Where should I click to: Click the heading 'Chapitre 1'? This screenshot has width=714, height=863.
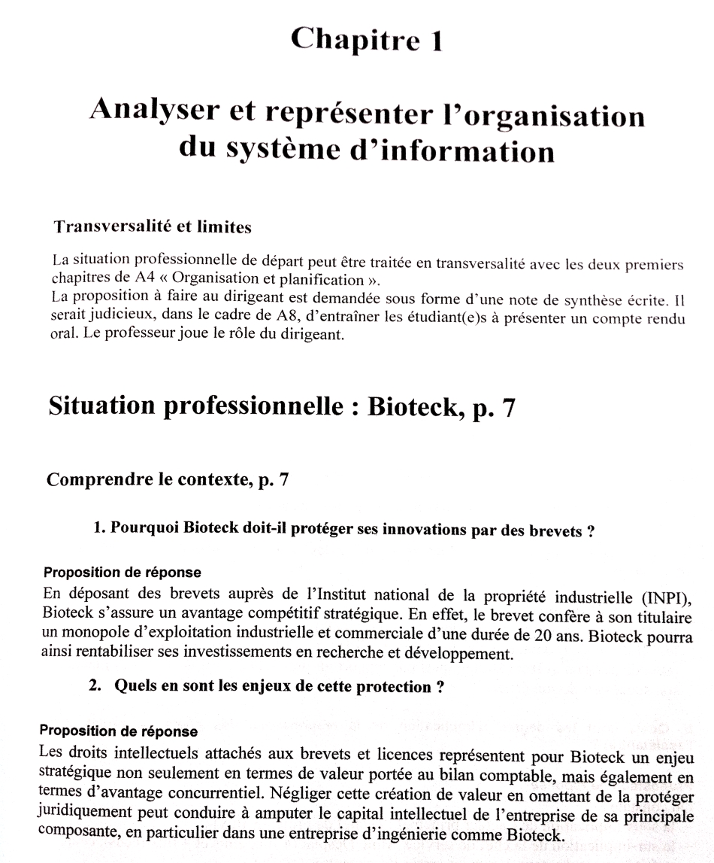pos(365,39)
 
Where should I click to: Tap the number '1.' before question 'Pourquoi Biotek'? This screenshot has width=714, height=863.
pos(98,528)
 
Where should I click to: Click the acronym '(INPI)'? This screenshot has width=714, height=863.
pos(665,599)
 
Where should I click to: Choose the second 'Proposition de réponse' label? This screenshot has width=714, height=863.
pos(119,731)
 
